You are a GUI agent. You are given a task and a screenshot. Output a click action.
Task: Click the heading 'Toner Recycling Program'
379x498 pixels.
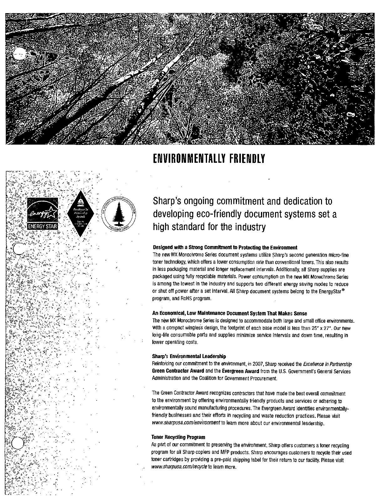click(x=178, y=437)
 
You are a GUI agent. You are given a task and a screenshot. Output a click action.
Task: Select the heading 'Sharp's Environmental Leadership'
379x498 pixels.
click(x=189, y=356)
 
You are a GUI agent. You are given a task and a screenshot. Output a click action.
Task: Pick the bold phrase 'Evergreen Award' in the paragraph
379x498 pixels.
click(x=240, y=371)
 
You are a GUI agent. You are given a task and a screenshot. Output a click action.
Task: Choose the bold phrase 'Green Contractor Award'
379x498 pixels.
click(x=178, y=371)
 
